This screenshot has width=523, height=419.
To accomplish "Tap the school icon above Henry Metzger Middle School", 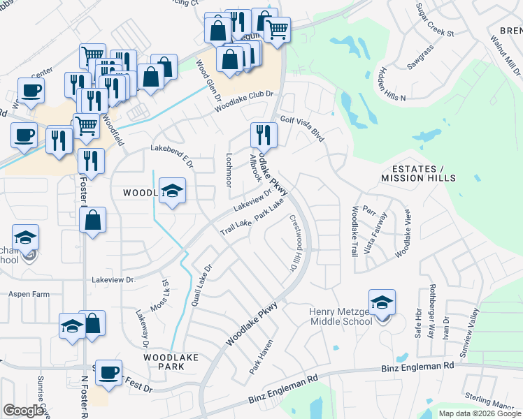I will pos(382,302).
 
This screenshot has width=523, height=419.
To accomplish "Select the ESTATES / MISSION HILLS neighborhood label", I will pos(418,174).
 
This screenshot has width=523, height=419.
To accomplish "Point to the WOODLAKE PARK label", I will pos(164,361).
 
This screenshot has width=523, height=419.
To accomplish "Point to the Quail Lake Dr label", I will pos(201,286).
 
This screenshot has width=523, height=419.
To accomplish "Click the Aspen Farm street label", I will pos(29,295).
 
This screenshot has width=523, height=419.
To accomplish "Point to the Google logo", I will pos(23,411).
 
